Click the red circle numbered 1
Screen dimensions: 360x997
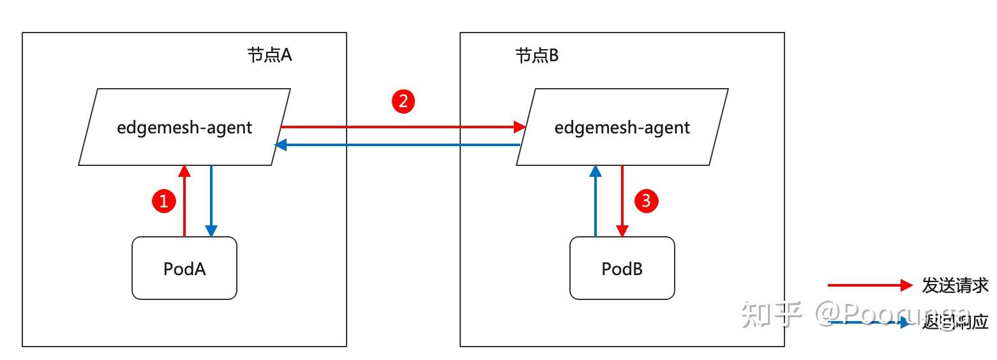[163, 202]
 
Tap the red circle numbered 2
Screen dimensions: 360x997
[403, 101]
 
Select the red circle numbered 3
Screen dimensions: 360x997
[645, 201]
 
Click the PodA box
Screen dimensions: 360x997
[184, 268]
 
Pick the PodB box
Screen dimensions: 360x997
[622, 268]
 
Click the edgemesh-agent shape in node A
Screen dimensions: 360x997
[184, 127]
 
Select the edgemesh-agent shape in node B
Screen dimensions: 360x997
[622, 127]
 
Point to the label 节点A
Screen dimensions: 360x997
[269, 56]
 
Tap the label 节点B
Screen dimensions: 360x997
[537, 56]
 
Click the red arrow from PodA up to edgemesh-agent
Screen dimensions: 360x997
[184, 201]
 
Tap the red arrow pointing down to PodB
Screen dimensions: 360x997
[622, 201]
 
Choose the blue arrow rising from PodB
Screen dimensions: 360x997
[596, 201]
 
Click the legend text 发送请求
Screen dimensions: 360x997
[955, 285]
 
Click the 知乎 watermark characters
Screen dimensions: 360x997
[771, 315]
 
